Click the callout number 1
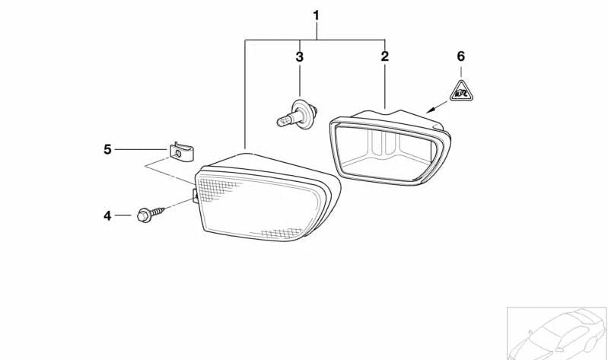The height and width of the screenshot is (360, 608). [317, 16]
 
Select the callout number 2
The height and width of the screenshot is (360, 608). [384, 56]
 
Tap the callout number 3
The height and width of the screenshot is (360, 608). [299, 57]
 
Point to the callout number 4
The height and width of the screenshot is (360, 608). [107, 215]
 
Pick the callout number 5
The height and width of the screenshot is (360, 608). [107, 149]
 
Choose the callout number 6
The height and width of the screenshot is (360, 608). [460, 56]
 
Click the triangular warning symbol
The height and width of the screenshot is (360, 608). [461, 92]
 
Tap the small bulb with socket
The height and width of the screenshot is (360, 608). [298, 114]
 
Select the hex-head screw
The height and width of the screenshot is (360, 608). [151, 215]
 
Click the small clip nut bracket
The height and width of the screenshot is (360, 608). [181, 151]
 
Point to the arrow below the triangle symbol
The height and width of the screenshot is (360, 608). [437, 107]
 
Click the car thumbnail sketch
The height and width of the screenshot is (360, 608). [557, 333]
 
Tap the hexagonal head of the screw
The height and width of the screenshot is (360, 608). [144, 215]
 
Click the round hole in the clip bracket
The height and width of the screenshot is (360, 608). [178, 153]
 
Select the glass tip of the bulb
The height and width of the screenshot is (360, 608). [283, 122]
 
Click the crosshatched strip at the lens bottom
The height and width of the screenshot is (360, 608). [282, 233]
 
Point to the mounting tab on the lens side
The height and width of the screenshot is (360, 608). [196, 196]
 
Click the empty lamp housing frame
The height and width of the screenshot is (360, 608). [390, 148]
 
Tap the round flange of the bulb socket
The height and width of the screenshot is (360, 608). [301, 114]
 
